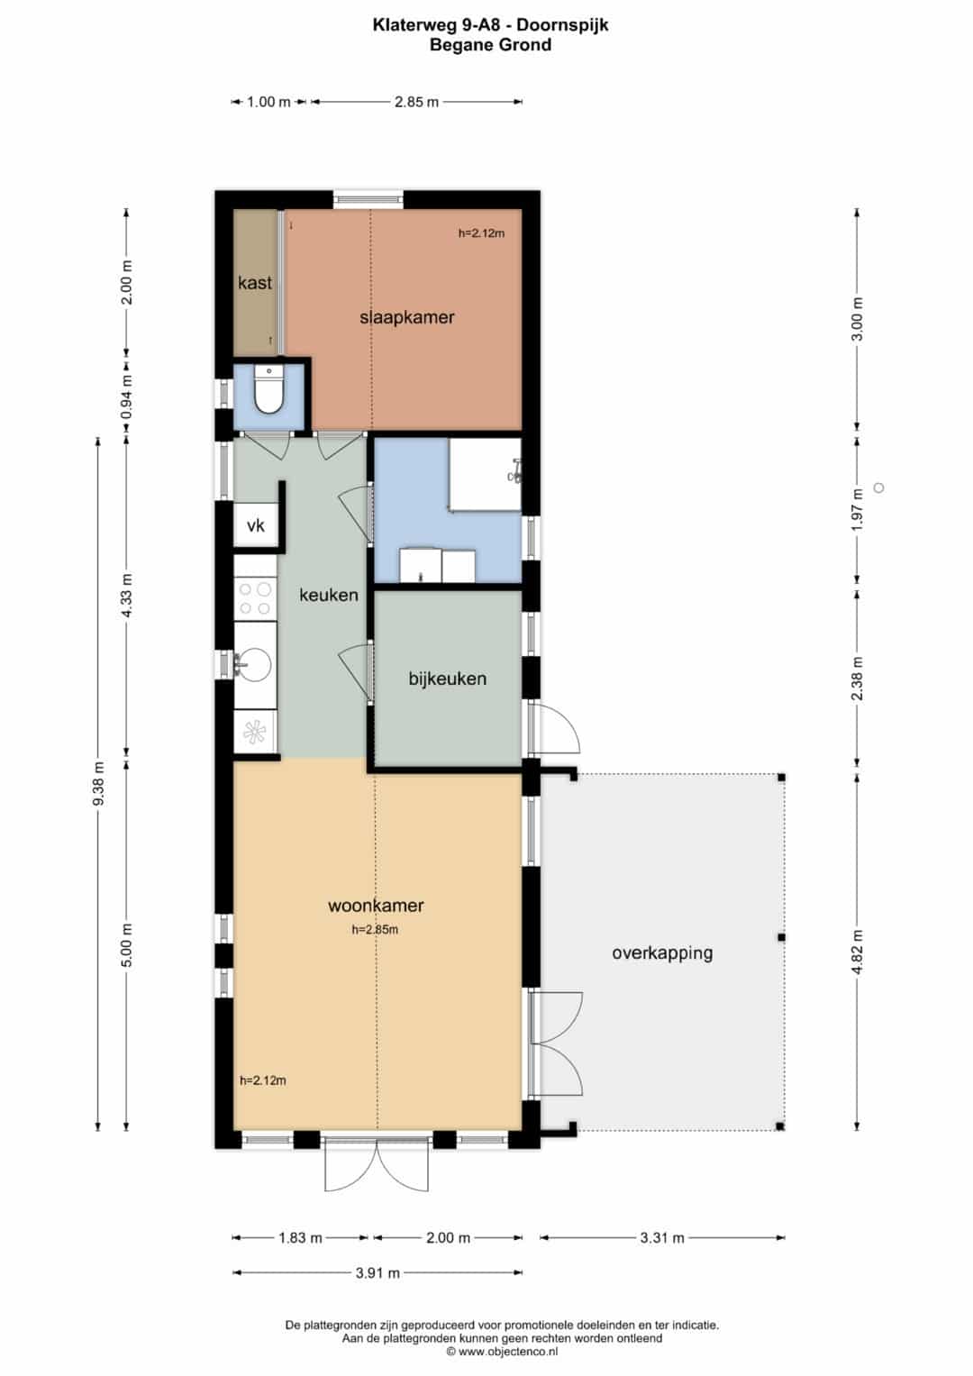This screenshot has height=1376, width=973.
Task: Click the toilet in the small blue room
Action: (268, 390)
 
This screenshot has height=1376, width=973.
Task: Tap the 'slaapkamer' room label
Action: (406, 317)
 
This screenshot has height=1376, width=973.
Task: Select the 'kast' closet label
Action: (255, 283)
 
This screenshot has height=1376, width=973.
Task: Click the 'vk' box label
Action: (256, 525)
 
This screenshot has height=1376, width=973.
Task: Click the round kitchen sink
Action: (254, 665)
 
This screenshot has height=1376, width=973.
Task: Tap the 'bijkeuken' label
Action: (447, 679)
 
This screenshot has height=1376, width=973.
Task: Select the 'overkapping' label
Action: (662, 953)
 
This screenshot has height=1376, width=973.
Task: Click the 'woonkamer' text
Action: (376, 906)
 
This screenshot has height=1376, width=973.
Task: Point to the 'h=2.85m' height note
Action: (375, 929)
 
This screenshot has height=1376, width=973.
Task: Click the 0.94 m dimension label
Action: (127, 396)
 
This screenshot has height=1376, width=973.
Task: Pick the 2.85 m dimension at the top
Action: (416, 102)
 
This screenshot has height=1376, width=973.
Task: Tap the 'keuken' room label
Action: (329, 595)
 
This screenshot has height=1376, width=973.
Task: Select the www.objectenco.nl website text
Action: (508, 1352)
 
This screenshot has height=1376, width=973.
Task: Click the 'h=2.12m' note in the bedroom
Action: (482, 233)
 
